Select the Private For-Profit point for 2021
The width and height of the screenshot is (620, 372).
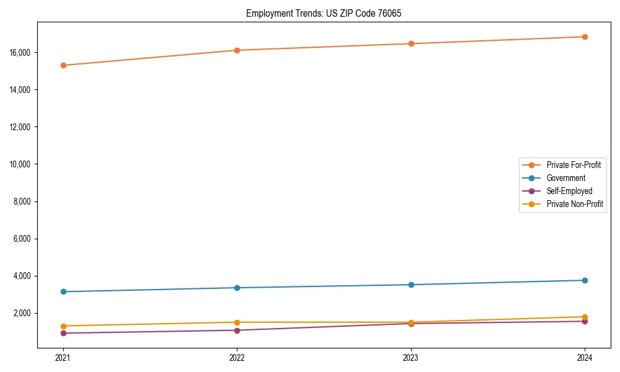pos(63,65)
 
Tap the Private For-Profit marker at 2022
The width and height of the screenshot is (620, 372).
pos(237,50)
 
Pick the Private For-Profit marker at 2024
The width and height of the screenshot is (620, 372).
pos(585,37)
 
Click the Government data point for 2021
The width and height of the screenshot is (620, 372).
pos(63,291)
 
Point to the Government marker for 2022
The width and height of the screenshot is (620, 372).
pos(237,288)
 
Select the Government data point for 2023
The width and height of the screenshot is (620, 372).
pos(411,285)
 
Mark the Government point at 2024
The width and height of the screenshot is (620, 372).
pos(585,280)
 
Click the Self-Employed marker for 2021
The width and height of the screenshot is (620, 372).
pos(63,333)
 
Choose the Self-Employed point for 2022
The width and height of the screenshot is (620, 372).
pos(237,330)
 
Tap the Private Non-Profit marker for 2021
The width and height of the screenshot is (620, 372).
pos(63,326)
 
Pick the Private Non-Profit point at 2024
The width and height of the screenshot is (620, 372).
pos(585,317)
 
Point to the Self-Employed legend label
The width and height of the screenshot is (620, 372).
pos(569,191)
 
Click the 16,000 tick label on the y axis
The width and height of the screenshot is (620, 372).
pos(22,53)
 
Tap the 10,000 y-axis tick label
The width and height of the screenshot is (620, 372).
pos(22,164)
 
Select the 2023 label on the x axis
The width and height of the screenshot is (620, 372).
pos(411,357)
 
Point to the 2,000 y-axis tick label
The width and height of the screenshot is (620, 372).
pos(24,313)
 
